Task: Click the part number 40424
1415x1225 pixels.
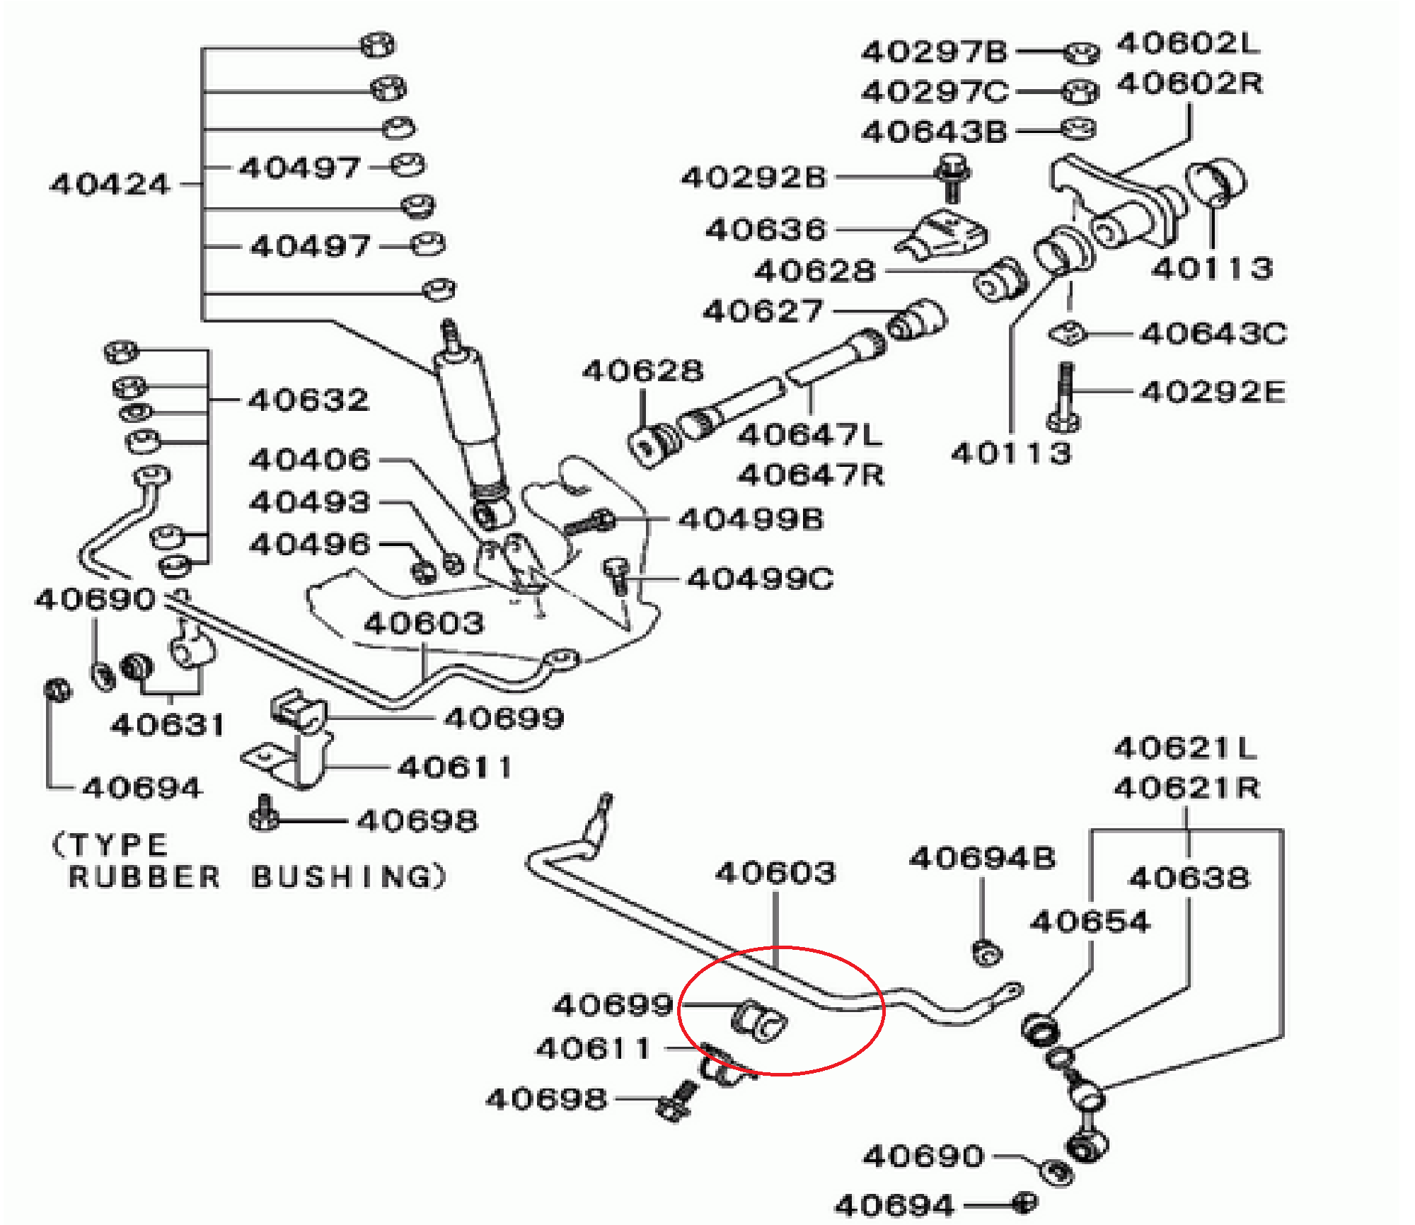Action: click(110, 185)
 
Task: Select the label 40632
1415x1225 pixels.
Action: click(308, 400)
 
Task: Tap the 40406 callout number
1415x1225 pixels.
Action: click(310, 460)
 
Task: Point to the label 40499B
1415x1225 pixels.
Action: click(751, 519)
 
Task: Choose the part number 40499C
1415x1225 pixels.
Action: click(760, 579)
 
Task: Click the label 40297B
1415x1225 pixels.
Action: click(934, 52)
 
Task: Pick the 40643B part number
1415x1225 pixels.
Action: click(934, 132)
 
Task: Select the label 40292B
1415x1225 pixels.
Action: click(753, 177)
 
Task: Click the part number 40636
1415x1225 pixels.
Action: click(766, 230)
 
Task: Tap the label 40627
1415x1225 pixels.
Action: click(763, 311)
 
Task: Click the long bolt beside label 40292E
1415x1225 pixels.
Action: click(1064, 396)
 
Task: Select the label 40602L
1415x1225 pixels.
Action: click(1188, 44)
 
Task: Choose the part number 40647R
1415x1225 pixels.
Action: click(811, 475)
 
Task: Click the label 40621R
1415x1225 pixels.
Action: click(1186, 787)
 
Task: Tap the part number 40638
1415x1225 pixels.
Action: click(1189, 878)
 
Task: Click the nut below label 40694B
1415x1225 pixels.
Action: click(987, 953)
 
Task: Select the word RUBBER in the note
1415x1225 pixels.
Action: click(145, 877)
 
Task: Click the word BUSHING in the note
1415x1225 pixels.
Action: click(347, 877)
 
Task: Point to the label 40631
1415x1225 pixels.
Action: click(168, 725)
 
